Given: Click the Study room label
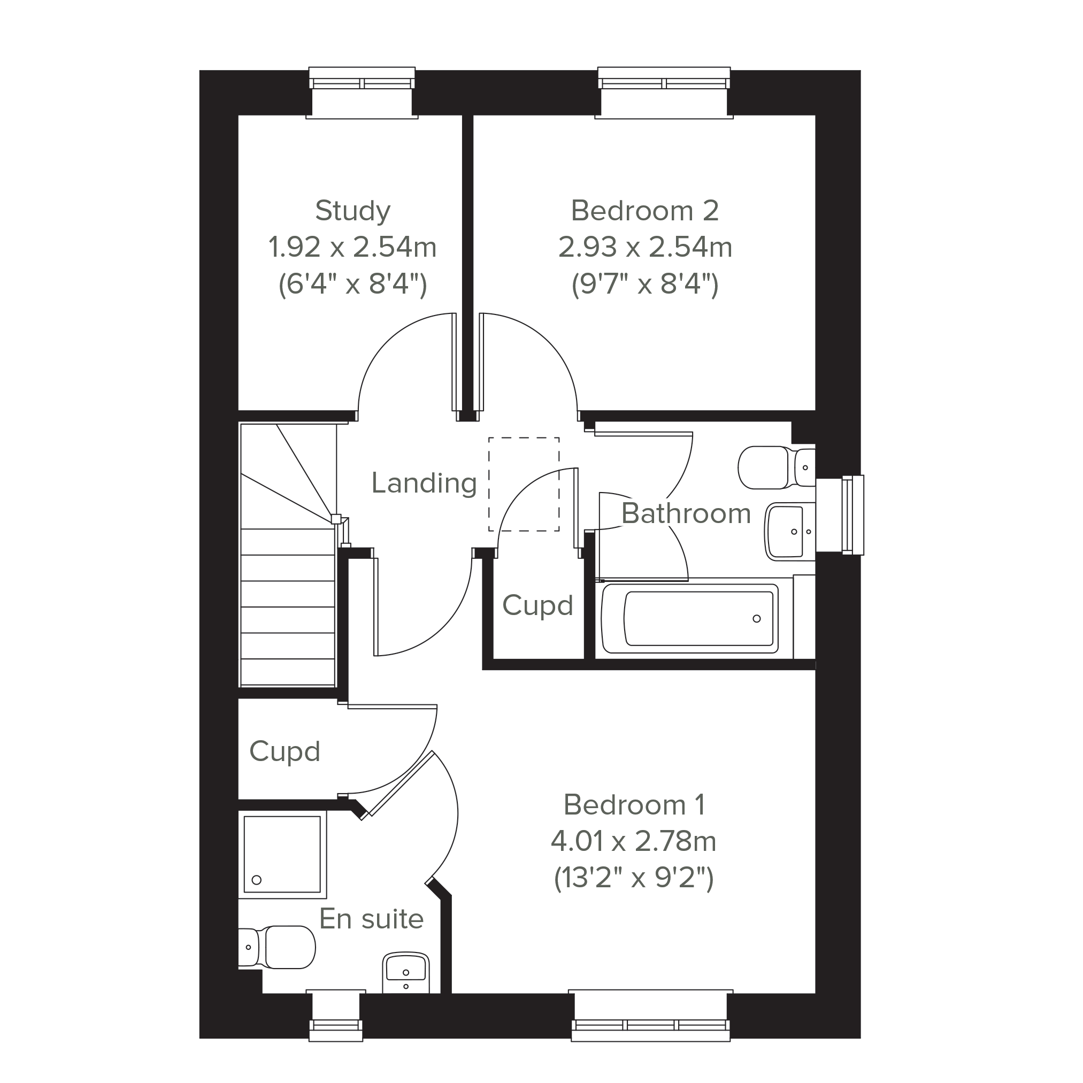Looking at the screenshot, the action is [x=352, y=211].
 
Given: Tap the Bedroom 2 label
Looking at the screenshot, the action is [x=644, y=211].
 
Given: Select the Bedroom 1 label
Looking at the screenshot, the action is [x=634, y=805].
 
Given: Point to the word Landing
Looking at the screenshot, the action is [x=424, y=483].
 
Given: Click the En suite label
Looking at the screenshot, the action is [x=371, y=919].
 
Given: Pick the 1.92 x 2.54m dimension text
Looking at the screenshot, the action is [x=352, y=247].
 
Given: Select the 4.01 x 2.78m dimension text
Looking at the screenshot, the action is [x=634, y=841].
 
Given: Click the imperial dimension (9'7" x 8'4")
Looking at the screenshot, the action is [x=644, y=284].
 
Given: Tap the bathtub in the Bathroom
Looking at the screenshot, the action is [x=690, y=619].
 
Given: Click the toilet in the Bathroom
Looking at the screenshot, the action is [x=777, y=467].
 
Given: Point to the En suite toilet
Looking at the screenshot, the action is [x=276, y=947].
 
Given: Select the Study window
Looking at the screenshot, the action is [x=362, y=93].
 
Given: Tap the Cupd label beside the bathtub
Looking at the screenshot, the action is [x=537, y=605].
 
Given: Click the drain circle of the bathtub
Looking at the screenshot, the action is [x=757, y=619].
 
